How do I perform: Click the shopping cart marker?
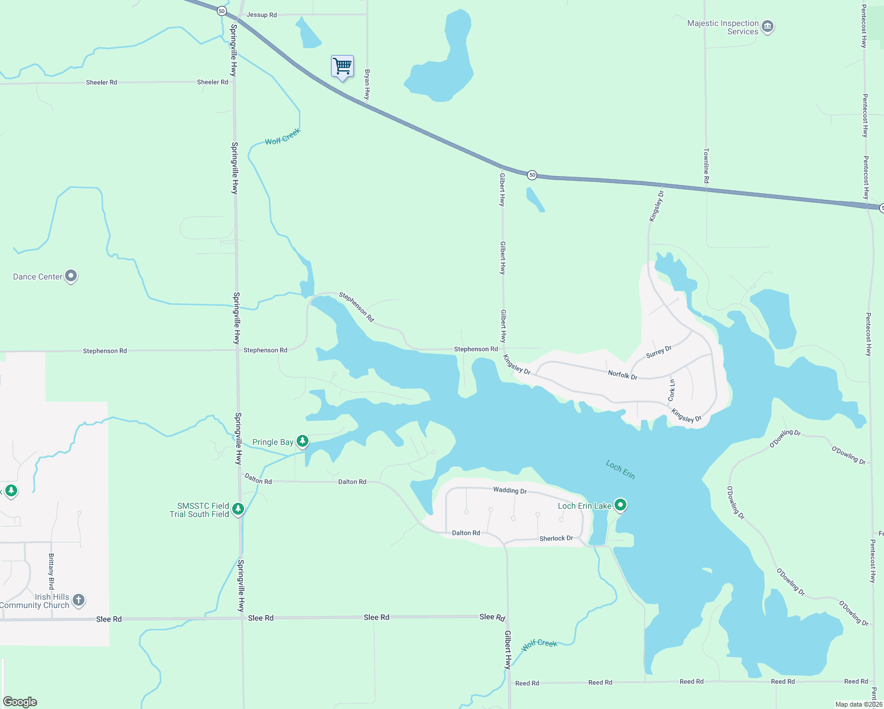click(x=342, y=66)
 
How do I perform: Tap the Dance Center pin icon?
click(x=71, y=276)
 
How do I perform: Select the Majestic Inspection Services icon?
click(x=768, y=27)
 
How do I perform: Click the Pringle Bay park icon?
click(x=303, y=441)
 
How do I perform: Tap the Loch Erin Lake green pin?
click(x=620, y=505)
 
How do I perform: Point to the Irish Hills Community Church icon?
click(x=79, y=600)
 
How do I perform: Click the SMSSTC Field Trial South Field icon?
click(x=238, y=509)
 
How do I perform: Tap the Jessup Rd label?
click(x=261, y=15)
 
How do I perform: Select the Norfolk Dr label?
click(x=622, y=375)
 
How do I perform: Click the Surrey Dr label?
click(x=658, y=352)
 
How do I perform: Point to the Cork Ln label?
click(x=671, y=391)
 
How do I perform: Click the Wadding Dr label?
click(x=509, y=490)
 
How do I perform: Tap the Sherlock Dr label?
click(x=555, y=538)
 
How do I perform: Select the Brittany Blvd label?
click(x=51, y=571)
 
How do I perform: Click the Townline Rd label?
click(x=706, y=165)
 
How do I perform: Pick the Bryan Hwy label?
click(x=367, y=84)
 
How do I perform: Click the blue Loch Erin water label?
click(x=620, y=470)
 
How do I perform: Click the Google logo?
click(x=20, y=701)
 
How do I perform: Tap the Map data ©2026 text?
click(x=858, y=704)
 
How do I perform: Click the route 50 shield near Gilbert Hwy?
click(x=532, y=175)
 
